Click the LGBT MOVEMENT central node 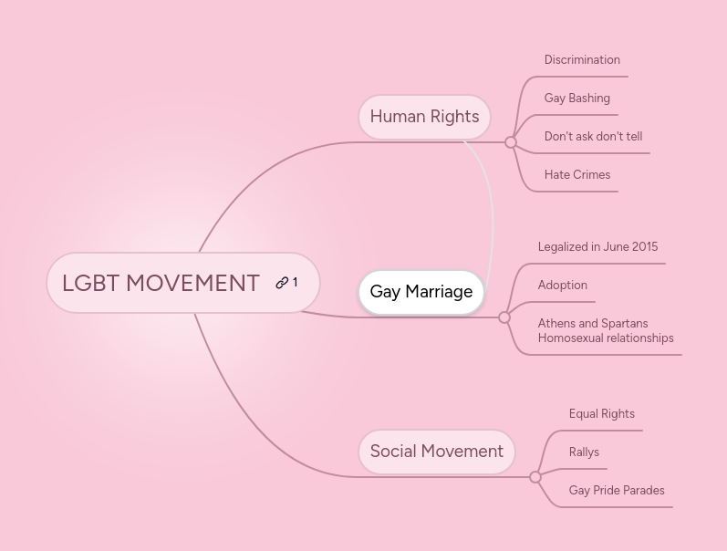pos(161,284)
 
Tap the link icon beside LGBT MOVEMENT pos(282,283)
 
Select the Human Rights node pos(424,117)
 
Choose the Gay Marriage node pos(421,292)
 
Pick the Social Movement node pos(436,452)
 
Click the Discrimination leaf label pos(582,60)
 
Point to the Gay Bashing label pos(576,99)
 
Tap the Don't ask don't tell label pos(593,137)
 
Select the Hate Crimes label pos(576,175)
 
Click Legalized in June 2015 pos(597,247)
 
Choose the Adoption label pos(562,286)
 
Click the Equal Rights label pos(601,414)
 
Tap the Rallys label pos(584,452)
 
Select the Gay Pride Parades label pos(616,491)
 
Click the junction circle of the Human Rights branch pos(511,142)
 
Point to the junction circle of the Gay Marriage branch pos(504,317)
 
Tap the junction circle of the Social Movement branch pos(535,477)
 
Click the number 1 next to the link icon pos(295,283)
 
